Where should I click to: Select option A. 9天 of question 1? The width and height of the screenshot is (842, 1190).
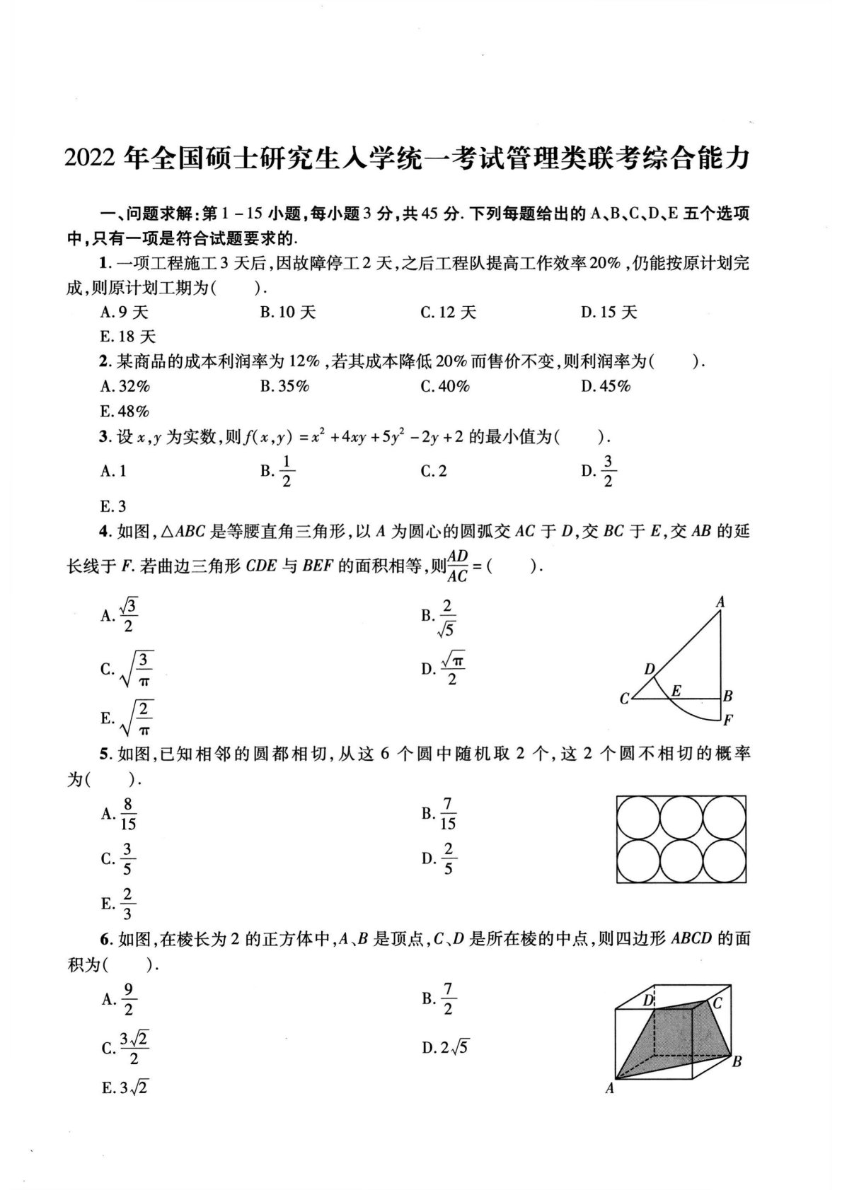point(125,312)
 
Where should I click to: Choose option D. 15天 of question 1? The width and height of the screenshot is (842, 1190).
point(609,312)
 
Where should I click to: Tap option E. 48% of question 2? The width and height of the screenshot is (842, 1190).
point(125,412)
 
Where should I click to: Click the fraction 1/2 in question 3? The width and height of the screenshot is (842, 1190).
point(287,471)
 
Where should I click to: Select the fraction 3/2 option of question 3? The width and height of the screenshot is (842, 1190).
point(608,471)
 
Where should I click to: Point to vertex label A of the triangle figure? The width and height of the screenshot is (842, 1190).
point(720,602)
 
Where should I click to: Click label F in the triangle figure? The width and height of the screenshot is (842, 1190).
point(728,721)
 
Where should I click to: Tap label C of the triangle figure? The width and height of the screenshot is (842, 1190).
point(624,699)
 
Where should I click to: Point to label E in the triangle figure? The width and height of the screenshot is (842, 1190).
point(676,691)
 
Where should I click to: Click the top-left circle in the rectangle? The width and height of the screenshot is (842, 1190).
point(638,817)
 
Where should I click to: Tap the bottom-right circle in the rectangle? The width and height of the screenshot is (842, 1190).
point(725,861)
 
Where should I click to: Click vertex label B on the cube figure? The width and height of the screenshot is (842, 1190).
point(737,1061)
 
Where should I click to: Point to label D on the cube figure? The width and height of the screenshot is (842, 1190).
point(647,1001)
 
